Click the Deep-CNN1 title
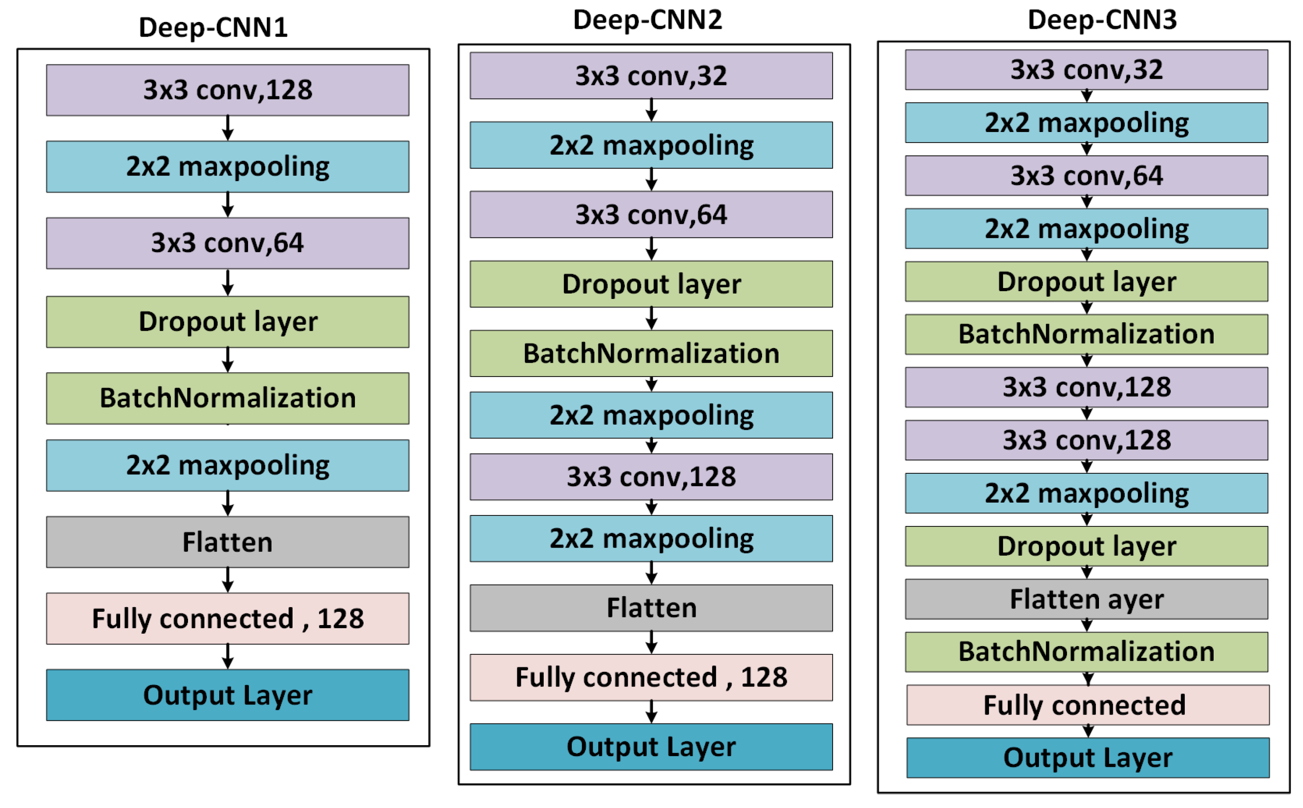click(x=213, y=27)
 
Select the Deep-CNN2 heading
click(x=647, y=20)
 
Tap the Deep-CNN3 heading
click(x=1102, y=20)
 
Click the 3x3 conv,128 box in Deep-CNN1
click(x=227, y=90)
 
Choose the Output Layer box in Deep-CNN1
click(x=227, y=695)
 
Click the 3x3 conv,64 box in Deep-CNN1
click(x=227, y=243)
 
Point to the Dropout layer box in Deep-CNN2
click(x=651, y=284)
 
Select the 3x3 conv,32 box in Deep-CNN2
click(x=651, y=75)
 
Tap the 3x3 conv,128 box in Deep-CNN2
click(x=651, y=476)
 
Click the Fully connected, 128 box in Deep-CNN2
click(x=651, y=677)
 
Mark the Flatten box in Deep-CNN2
click(x=651, y=608)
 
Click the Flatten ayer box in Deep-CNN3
click(x=1086, y=598)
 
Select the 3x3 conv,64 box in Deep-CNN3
click(x=1086, y=175)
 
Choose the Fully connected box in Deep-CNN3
click(x=1087, y=704)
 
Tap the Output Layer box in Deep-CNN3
click(x=1087, y=757)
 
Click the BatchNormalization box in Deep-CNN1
click(x=227, y=398)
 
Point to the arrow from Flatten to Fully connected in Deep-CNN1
click(x=227, y=580)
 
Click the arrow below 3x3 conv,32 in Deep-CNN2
click(x=651, y=110)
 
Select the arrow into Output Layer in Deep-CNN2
click(x=651, y=712)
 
